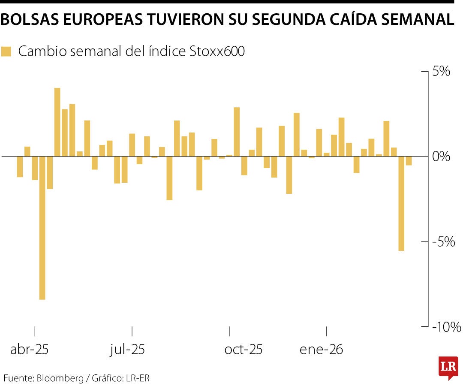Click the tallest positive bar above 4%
click(x=57, y=122)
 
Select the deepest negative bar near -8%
click(x=42, y=227)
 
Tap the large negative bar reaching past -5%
click(x=401, y=203)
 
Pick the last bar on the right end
click(x=409, y=161)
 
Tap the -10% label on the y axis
click(x=446, y=327)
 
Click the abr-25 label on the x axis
click(x=30, y=350)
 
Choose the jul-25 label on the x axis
click(x=127, y=350)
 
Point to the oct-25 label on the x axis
click(x=244, y=350)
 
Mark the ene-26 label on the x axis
click(x=322, y=350)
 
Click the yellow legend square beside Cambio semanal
click(x=6, y=52)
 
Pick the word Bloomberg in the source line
click(x=60, y=378)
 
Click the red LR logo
click(x=448, y=367)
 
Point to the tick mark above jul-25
click(x=132, y=331)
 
